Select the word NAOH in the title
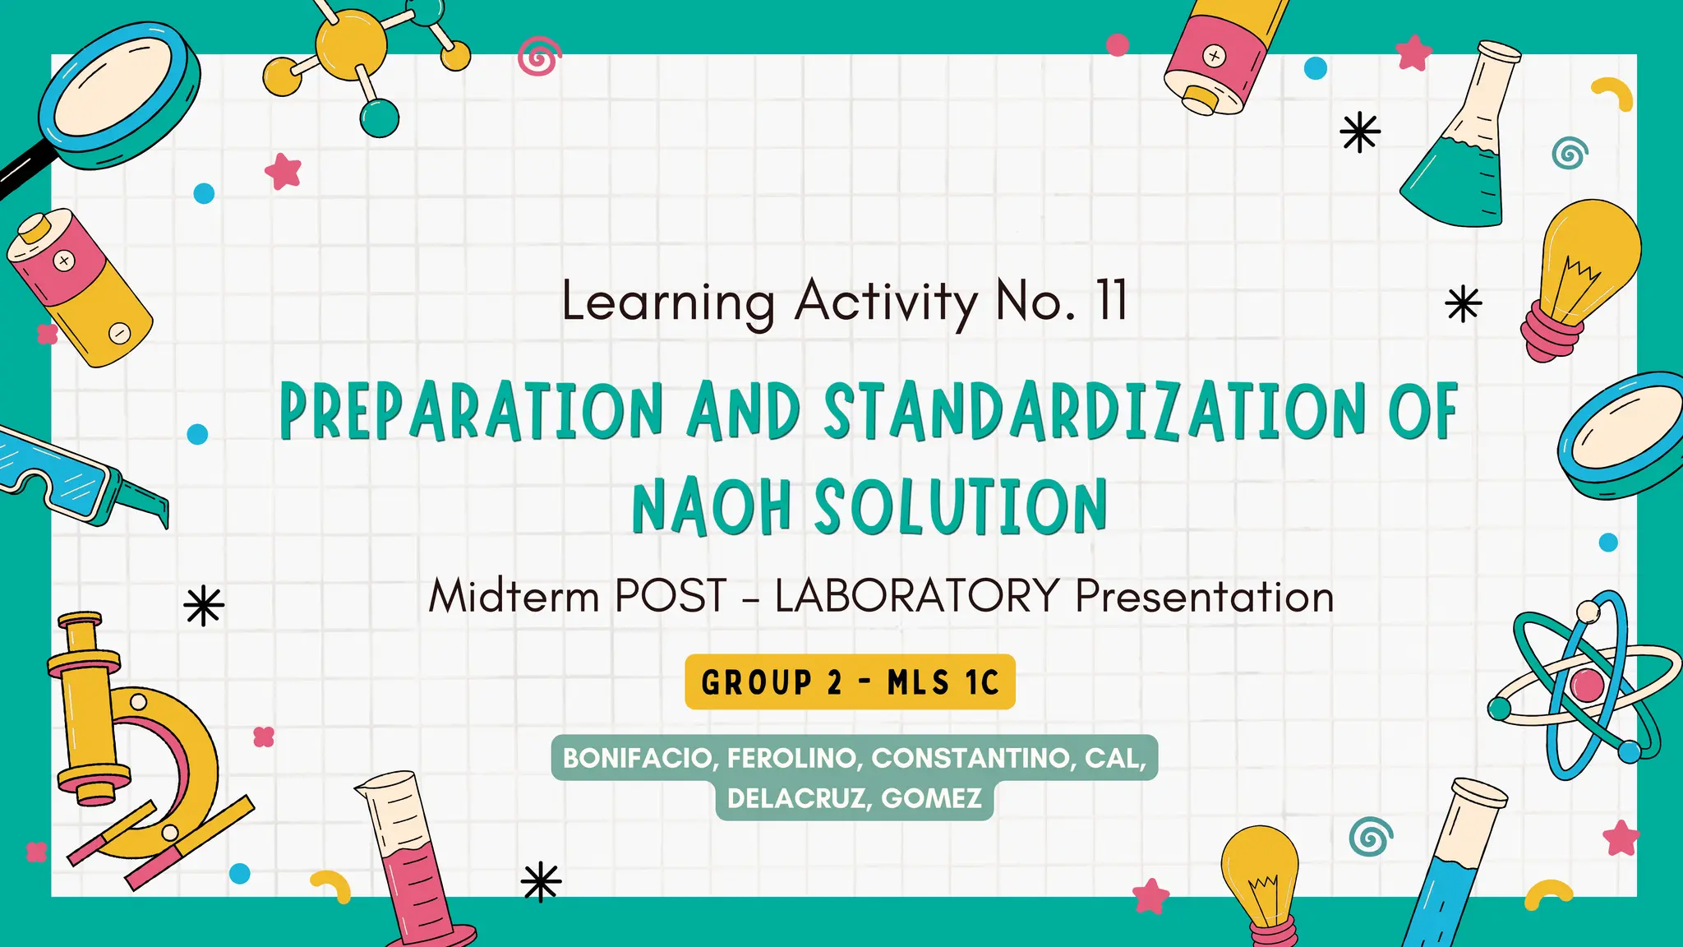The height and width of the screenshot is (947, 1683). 712,506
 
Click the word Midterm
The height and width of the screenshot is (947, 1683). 514,596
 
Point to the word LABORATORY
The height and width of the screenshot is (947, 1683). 917,596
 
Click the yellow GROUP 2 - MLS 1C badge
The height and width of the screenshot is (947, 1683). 850,682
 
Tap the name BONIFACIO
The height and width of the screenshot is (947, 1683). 637,758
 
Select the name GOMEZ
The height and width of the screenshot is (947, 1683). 931,798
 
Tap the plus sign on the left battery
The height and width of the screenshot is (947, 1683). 64,261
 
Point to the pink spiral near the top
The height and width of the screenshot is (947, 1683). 539,58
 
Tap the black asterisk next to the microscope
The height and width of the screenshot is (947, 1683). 204,607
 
